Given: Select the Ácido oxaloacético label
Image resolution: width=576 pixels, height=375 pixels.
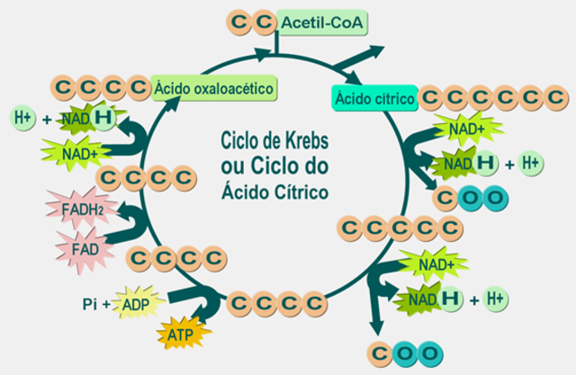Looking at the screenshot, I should [213, 88].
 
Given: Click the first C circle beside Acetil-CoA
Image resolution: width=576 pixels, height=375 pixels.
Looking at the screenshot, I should [239, 20].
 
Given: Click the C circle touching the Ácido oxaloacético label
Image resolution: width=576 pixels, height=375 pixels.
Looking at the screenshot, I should [137, 87].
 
